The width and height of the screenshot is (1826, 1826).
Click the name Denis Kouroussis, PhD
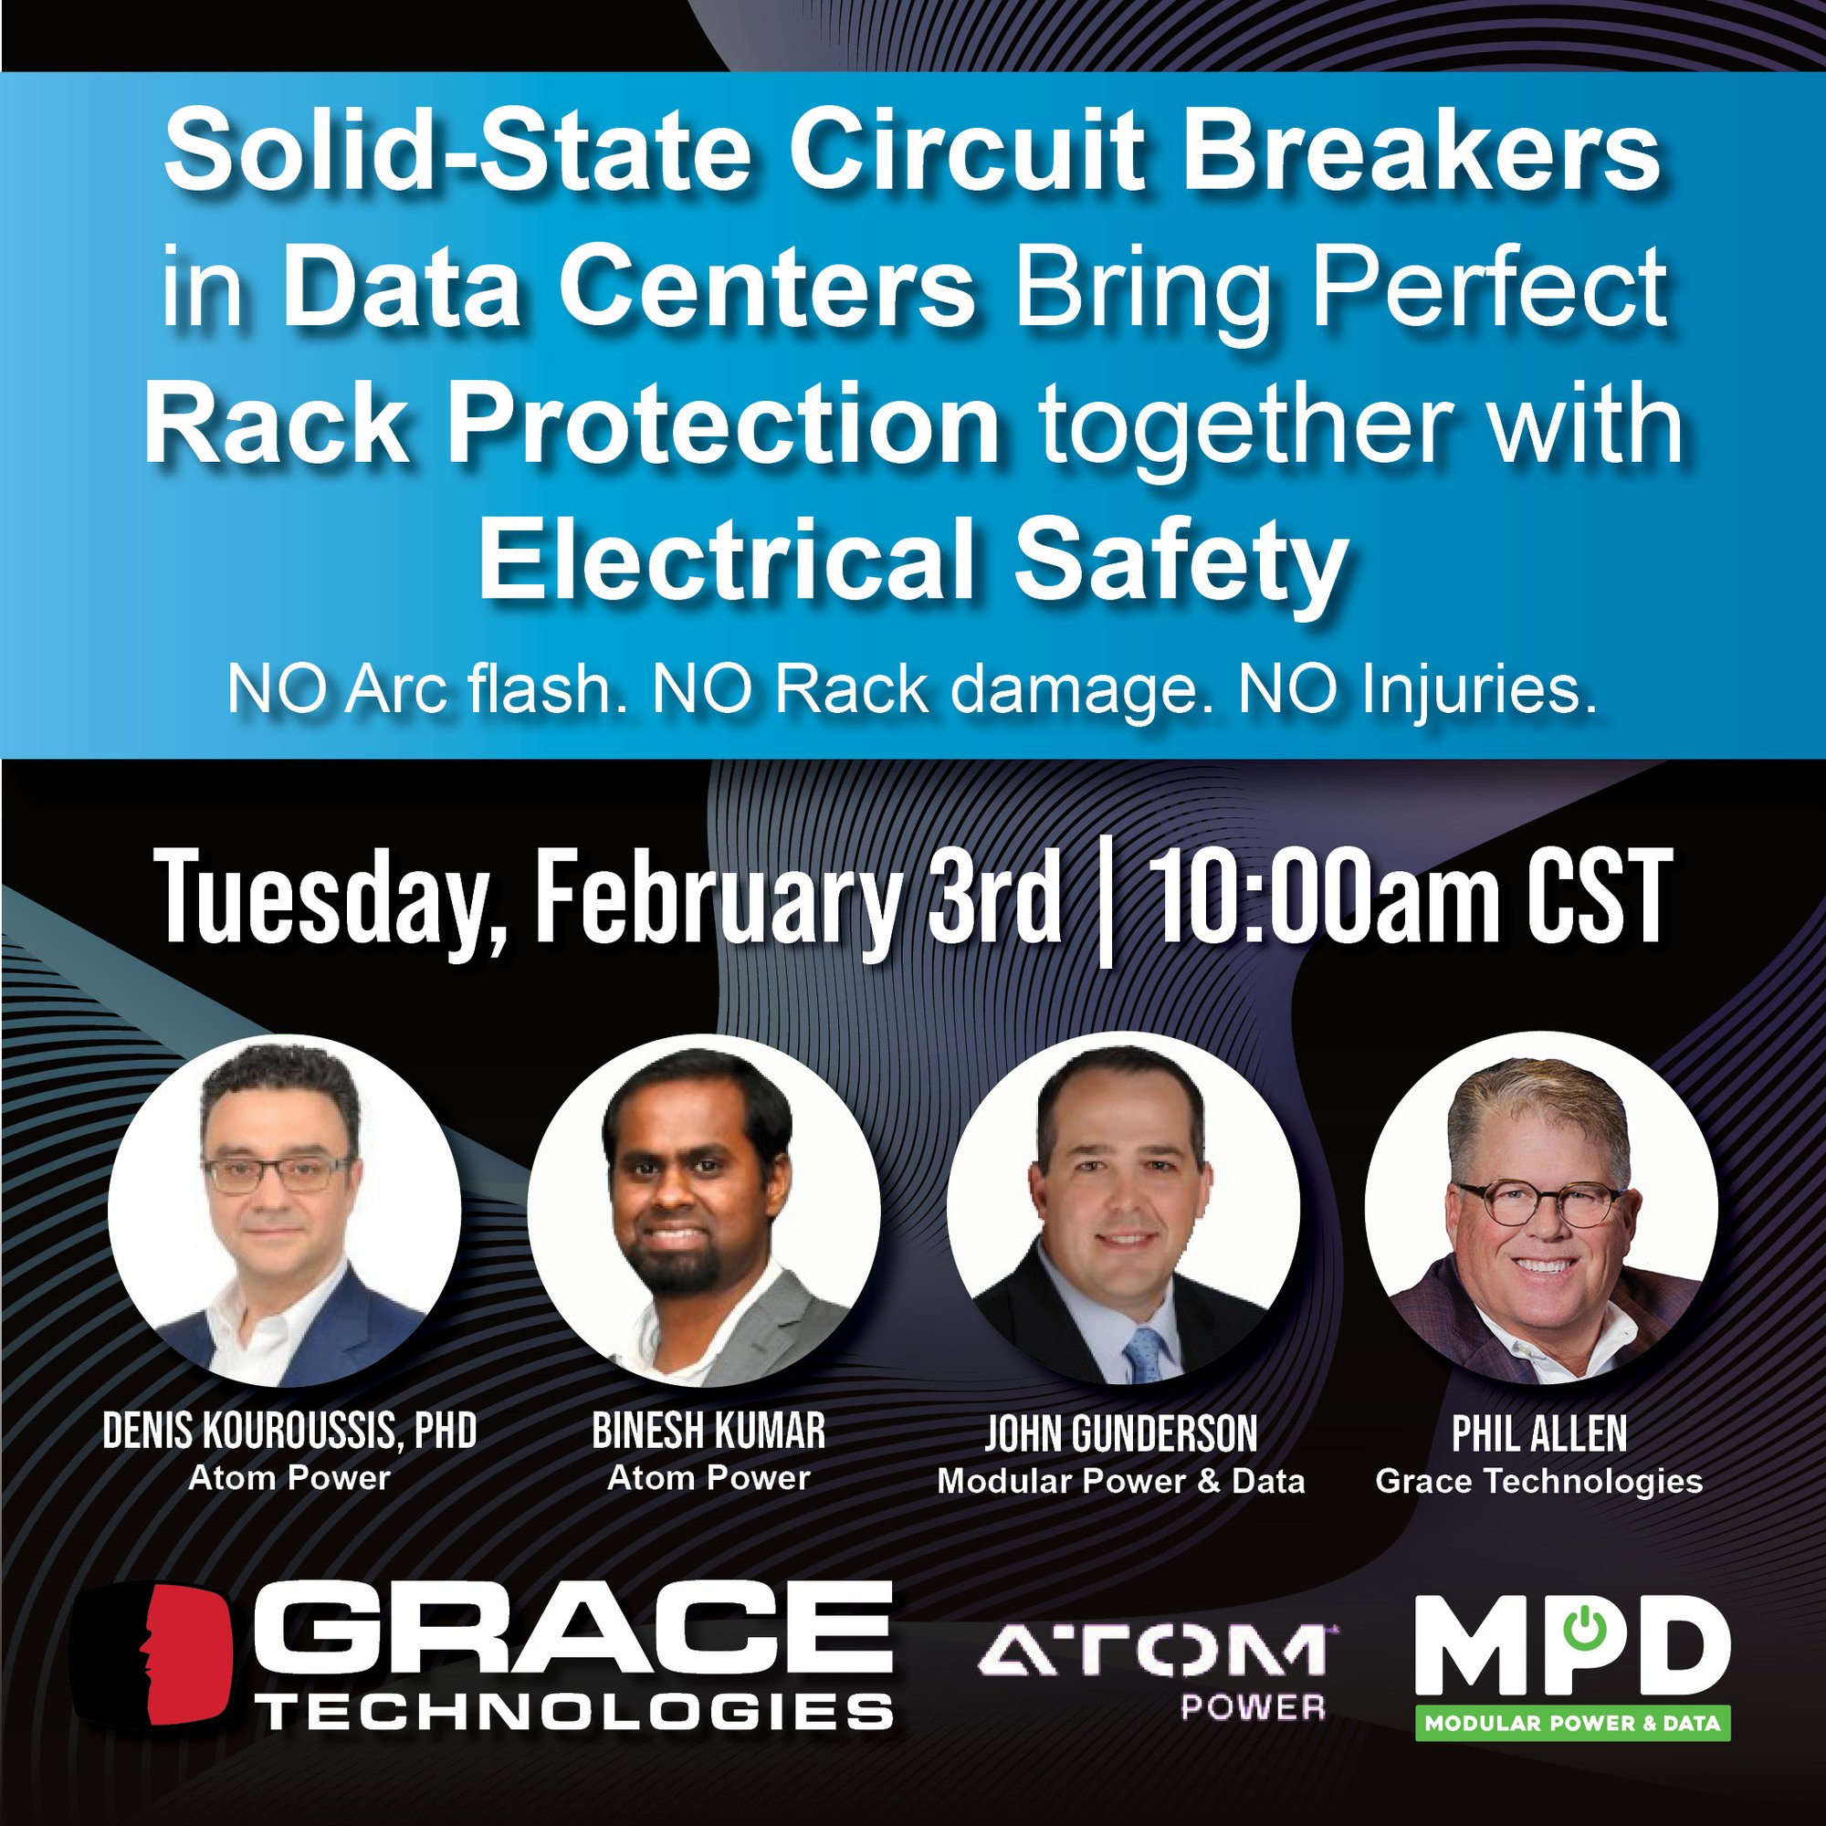(x=289, y=1432)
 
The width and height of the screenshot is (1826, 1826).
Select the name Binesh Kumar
(x=708, y=1432)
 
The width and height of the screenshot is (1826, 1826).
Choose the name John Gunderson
(x=1121, y=1433)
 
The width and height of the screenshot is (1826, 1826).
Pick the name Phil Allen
(x=1538, y=1433)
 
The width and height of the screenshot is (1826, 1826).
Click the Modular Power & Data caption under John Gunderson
(x=1121, y=1481)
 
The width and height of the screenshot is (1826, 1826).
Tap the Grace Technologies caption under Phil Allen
(x=1538, y=1481)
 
